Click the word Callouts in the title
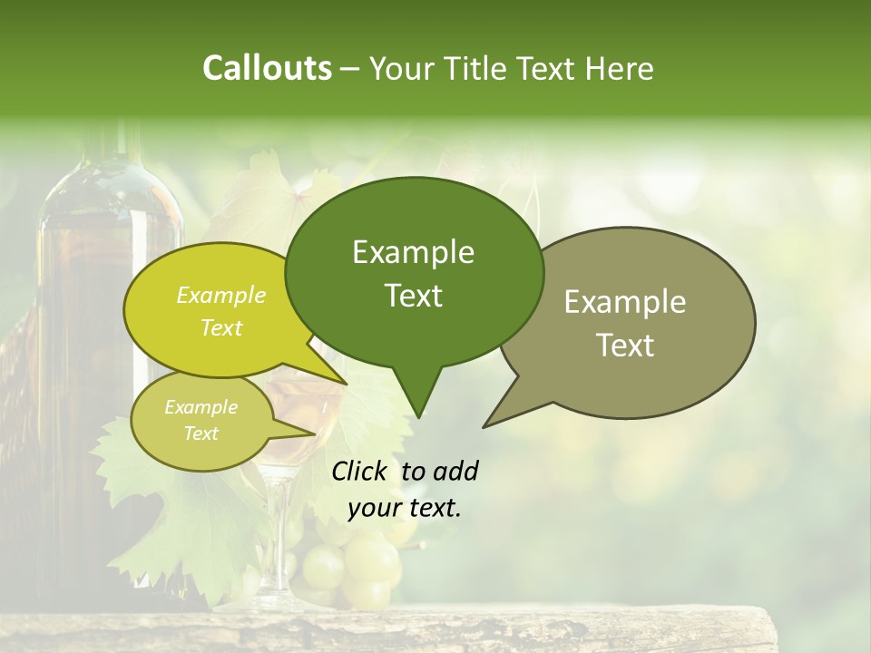[x=267, y=68]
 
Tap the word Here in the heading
[x=619, y=68]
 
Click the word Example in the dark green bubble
[x=414, y=252]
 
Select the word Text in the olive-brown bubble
[x=625, y=345]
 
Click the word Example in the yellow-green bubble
[x=221, y=295]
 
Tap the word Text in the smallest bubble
[x=201, y=434]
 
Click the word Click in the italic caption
[x=358, y=471]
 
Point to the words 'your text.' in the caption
[x=405, y=508]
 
